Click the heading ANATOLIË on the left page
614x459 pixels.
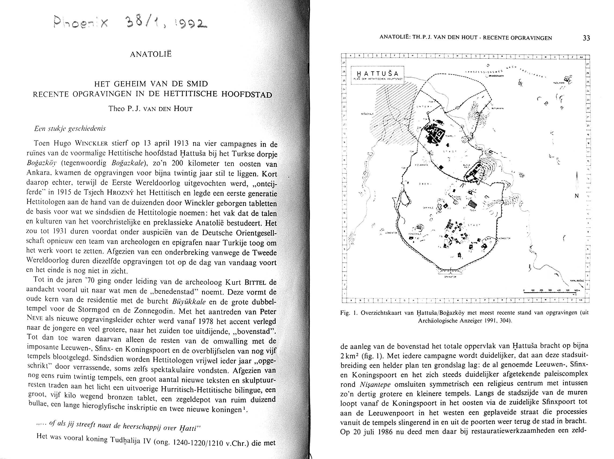click(151, 54)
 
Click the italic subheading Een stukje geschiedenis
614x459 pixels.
click(70, 129)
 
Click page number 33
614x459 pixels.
click(586, 38)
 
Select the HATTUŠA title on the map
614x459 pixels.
click(378, 74)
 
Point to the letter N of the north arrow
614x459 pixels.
click(576, 196)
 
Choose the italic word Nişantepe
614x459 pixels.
click(375, 384)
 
